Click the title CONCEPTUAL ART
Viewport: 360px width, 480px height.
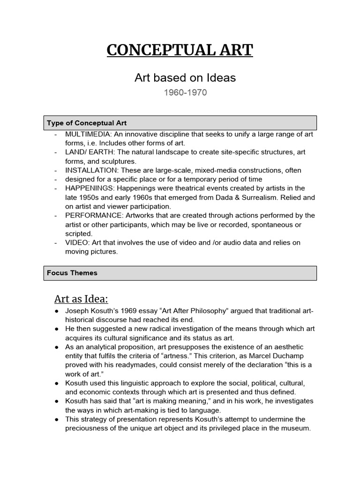[180, 49]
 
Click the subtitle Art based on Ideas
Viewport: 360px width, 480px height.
[185, 78]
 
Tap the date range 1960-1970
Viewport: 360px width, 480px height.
[185, 92]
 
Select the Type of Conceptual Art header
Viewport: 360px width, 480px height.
[87, 123]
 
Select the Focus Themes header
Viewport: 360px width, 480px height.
[72, 273]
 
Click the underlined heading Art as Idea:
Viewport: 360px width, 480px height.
[81, 299]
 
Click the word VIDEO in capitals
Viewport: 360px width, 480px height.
[76, 242]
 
